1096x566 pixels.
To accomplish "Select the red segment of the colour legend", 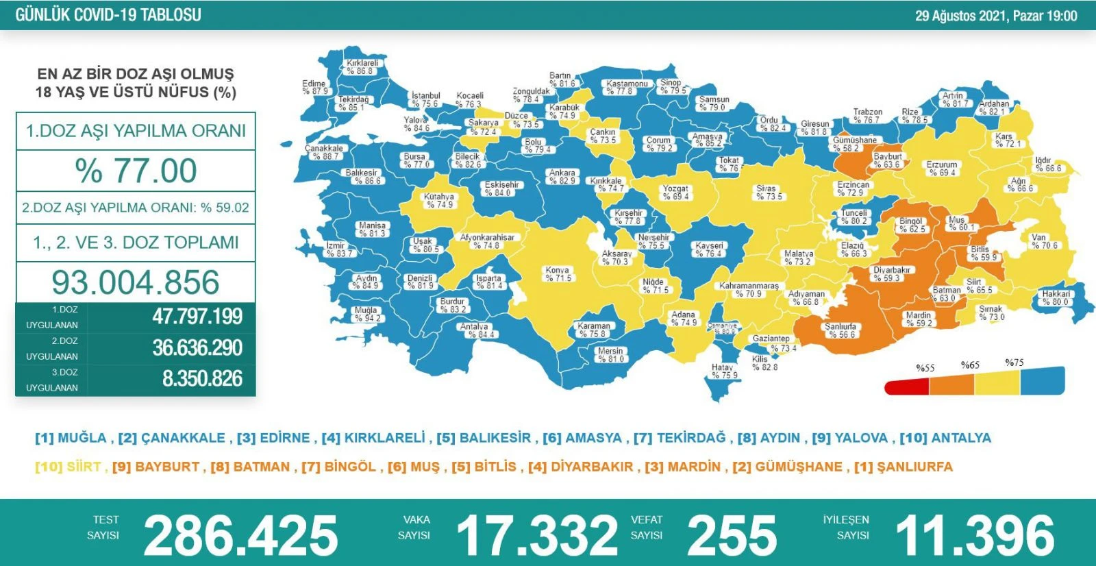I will pyautogui.click(x=906, y=387).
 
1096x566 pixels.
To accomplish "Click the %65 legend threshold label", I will pyautogui.click(x=970, y=365).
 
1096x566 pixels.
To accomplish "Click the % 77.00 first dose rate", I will pyautogui.click(x=136, y=171).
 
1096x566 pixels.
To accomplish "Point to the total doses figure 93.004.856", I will pyautogui.click(x=136, y=282).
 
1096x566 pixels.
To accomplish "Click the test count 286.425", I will pyautogui.click(x=240, y=535).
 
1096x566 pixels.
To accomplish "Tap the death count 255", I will pyautogui.click(x=732, y=535).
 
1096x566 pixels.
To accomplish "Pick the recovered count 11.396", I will pyautogui.click(x=975, y=535).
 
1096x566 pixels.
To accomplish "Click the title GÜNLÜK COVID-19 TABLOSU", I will pyautogui.click(x=108, y=15).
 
